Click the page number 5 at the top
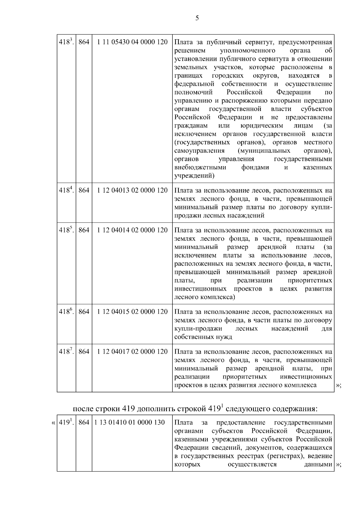click(x=197, y=18)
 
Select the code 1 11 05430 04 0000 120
click(x=132, y=42)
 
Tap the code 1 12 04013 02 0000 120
click(x=132, y=190)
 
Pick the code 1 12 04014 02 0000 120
click(x=132, y=230)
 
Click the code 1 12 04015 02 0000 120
click(x=132, y=312)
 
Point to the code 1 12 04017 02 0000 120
click(x=132, y=351)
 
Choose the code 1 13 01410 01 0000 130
click(x=129, y=422)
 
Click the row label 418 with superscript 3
click(x=66, y=42)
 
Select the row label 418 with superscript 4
click(x=66, y=190)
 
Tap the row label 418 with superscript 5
click(x=66, y=230)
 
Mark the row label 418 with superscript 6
click(x=66, y=312)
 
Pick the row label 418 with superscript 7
click(x=66, y=351)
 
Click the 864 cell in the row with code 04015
click(x=84, y=312)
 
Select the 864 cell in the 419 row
click(x=84, y=422)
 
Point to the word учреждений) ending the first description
click(x=194, y=176)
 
